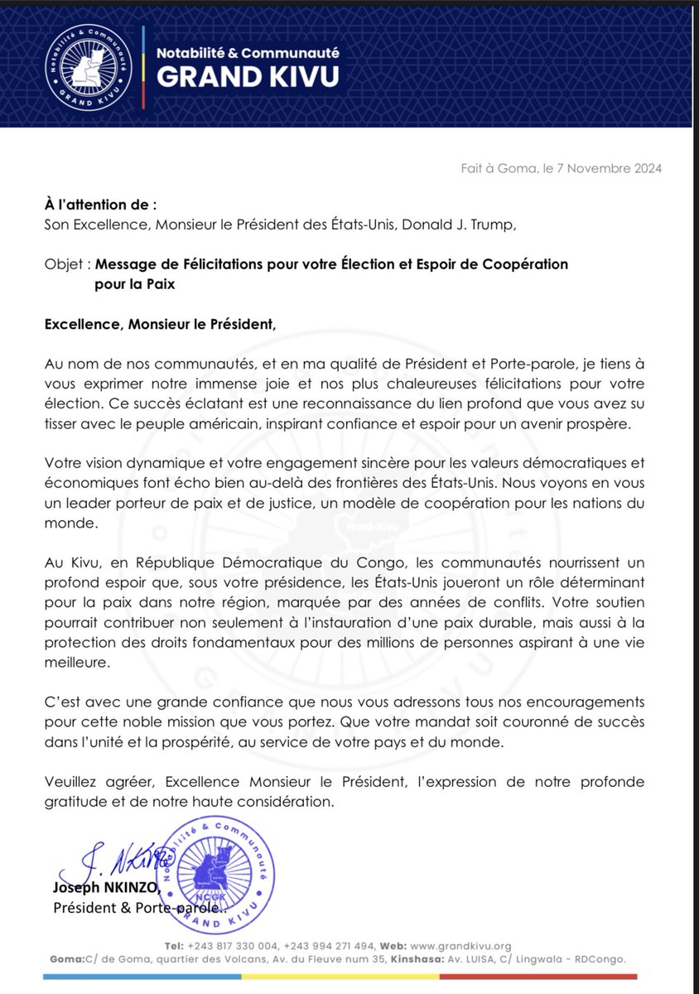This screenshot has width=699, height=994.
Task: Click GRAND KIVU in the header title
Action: [x=248, y=77]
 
